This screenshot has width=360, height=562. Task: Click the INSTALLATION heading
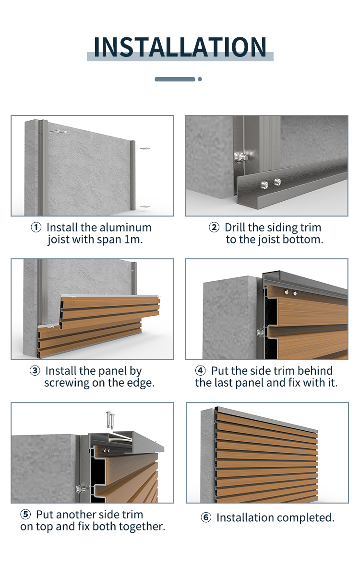[180, 47]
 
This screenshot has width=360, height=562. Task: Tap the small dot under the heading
[200, 79]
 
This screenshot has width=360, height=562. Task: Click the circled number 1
[36, 227]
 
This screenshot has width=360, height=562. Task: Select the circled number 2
[214, 227]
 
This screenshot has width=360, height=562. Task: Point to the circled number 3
[35, 371]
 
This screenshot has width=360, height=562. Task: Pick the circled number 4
[200, 371]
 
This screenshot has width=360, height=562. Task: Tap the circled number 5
[25, 515]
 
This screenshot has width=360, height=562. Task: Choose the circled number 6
[206, 517]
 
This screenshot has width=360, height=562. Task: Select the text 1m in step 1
[133, 240]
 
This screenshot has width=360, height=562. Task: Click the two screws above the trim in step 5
[110, 419]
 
